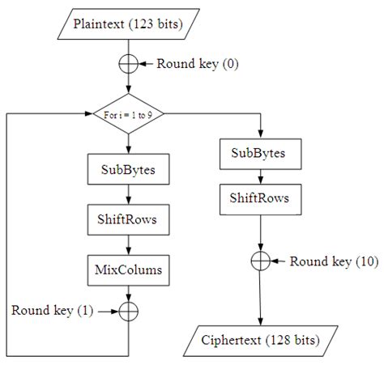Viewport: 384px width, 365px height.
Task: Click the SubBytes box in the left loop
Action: [127, 171]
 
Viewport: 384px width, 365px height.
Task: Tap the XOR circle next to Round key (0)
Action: [127, 62]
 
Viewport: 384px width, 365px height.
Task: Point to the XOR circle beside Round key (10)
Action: [259, 261]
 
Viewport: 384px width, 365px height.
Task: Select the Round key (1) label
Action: [52, 311]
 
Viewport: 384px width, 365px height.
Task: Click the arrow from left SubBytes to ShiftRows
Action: [127, 194]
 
